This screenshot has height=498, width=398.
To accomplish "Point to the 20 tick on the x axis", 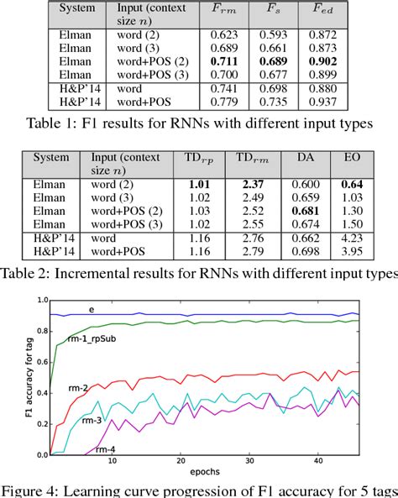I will click(181, 464).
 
